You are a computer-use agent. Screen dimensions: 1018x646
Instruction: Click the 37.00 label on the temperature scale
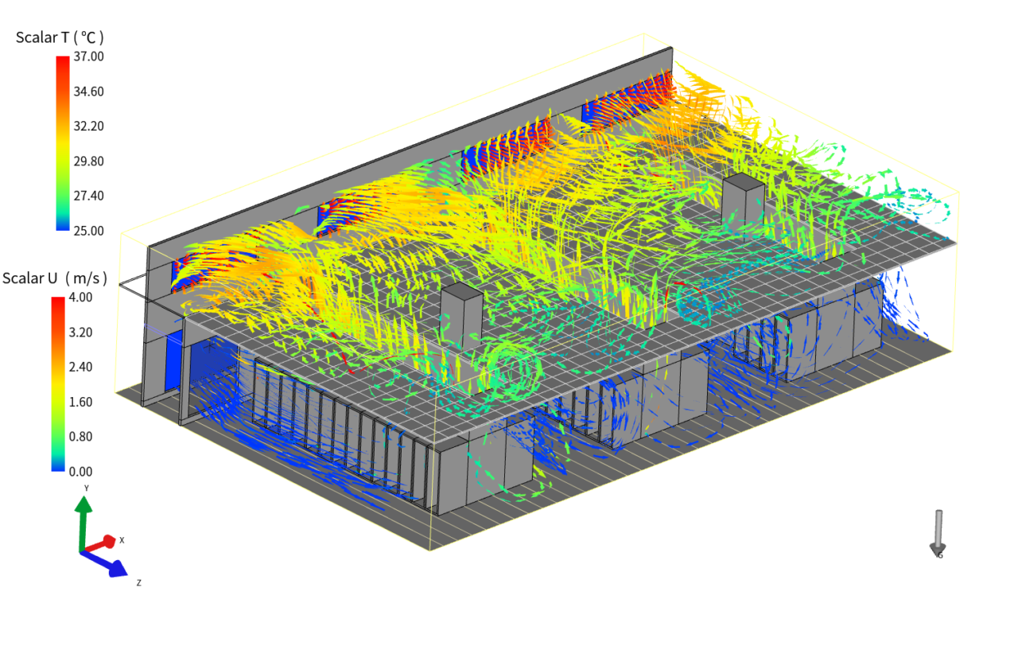pos(88,56)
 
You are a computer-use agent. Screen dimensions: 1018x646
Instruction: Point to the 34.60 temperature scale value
pos(88,91)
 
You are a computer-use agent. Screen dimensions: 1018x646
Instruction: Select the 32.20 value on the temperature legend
pos(88,126)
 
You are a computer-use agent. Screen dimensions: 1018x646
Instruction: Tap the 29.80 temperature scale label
pos(88,161)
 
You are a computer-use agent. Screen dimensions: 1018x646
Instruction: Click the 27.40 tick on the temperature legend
pos(88,196)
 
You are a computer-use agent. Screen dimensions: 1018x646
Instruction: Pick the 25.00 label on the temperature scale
pos(88,231)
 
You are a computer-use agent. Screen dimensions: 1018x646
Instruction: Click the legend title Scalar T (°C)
pos(60,37)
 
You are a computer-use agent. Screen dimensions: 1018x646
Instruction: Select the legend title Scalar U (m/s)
pos(55,278)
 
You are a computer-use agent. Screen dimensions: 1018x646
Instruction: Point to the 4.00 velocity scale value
pos(80,298)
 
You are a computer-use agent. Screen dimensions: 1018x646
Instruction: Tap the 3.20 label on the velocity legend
pos(80,333)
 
